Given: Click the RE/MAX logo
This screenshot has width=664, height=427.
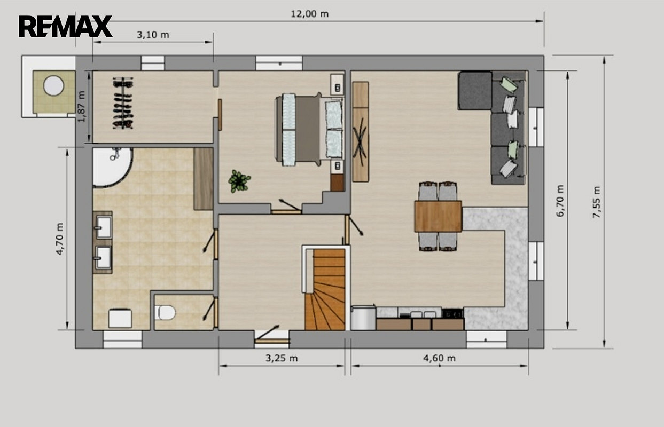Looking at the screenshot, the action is click(65, 26).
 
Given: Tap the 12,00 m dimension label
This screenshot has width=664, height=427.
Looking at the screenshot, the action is click(309, 14).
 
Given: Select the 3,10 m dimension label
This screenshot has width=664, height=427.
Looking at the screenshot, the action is click(153, 35).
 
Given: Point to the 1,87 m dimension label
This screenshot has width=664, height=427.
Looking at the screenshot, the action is click(82, 106).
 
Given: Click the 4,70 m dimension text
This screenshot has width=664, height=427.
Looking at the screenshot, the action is click(60, 239).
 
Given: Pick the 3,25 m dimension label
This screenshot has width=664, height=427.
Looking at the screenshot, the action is click(282, 358).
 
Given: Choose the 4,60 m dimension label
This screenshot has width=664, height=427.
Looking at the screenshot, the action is click(439, 358).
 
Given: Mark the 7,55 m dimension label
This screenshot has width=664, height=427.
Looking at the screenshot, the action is click(596, 202).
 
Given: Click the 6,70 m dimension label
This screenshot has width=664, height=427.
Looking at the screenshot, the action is click(560, 201).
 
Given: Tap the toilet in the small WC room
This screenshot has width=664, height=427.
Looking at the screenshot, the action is click(165, 312).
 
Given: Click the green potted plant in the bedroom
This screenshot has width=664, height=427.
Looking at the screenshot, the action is click(239, 181).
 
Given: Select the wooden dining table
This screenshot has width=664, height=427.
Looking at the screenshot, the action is click(438, 216).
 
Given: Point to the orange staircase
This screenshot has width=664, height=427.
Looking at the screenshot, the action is click(325, 289).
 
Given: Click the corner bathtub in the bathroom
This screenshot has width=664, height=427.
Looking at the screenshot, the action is click(111, 167).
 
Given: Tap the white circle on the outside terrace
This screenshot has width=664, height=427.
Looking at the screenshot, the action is click(53, 85).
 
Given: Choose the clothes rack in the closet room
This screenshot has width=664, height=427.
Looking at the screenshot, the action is click(123, 103).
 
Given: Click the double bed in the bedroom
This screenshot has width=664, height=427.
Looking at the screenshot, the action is click(309, 130).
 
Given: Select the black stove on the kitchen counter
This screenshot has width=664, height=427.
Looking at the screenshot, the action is click(452, 313).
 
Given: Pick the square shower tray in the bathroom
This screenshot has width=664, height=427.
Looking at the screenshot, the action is click(120, 318).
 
